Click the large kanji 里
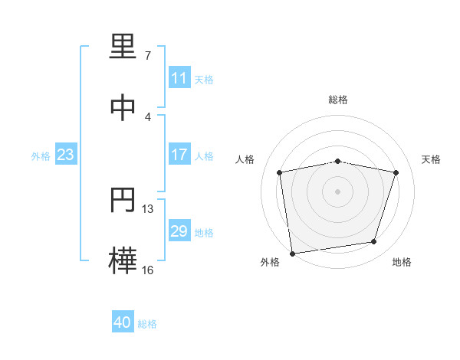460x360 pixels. point(123,46)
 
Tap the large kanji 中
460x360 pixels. point(123,107)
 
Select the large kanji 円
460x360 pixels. point(123,199)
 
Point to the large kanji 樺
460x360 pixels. point(123,260)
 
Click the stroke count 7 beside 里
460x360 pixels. point(148,55)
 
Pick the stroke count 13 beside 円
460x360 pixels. point(147,209)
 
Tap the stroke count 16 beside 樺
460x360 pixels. point(147,270)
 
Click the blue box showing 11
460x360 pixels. point(179,77)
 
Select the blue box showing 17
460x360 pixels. point(179,154)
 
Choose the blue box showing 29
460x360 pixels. point(179,230)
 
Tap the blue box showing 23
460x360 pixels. point(66,154)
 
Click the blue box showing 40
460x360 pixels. point(123,321)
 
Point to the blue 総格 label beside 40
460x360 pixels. point(147,324)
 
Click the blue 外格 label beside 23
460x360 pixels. point(41,156)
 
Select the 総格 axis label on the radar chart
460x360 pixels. point(338,100)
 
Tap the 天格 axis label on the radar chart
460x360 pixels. point(431,159)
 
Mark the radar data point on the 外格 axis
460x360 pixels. point(293,254)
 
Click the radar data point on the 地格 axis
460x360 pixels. point(374,241)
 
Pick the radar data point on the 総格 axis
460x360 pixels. point(338,162)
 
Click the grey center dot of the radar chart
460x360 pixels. point(337,191)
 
